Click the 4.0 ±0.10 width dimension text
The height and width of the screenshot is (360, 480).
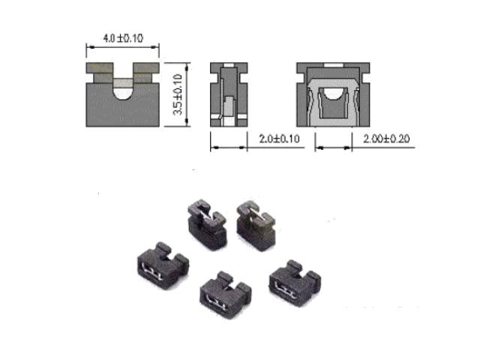click(123, 38)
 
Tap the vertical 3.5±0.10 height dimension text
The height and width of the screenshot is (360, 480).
click(178, 94)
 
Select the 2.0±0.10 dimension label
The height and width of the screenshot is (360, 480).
click(279, 139)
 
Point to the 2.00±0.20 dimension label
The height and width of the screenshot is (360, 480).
click(386, 139)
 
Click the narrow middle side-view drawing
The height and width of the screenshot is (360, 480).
click(229, 94)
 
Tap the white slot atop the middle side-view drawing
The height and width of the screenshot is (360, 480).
click(229, 65)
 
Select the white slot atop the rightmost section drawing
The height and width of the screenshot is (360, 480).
click(333, 65)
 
